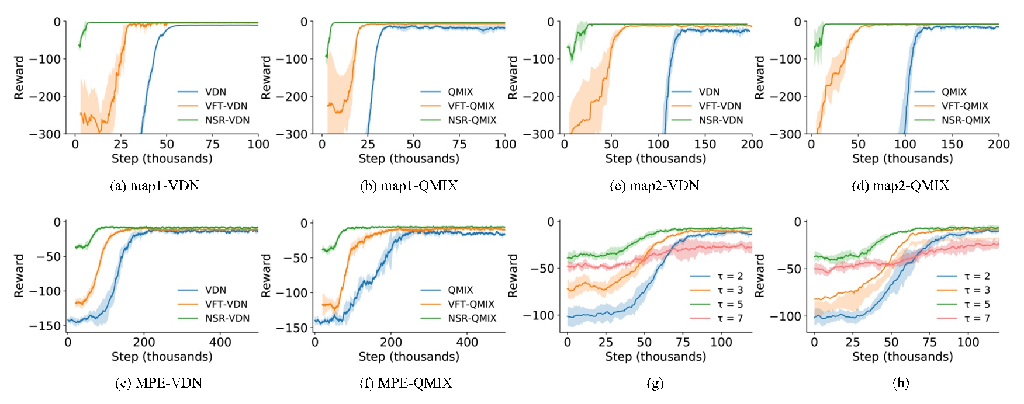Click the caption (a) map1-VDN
tap(155, 186)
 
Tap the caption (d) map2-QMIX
tap(900, 186)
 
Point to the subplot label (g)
tap(655, 383)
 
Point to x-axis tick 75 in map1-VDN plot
tap(213, 144)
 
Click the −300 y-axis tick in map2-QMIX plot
tap(785, 134)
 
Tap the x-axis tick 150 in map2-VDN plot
tap(705, 144)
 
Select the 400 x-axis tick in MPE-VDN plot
tap(220, 342)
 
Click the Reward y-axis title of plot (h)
tap(759, 276)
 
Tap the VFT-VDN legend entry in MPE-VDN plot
tap(226, 304)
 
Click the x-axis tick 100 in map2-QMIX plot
tap(905, 144)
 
